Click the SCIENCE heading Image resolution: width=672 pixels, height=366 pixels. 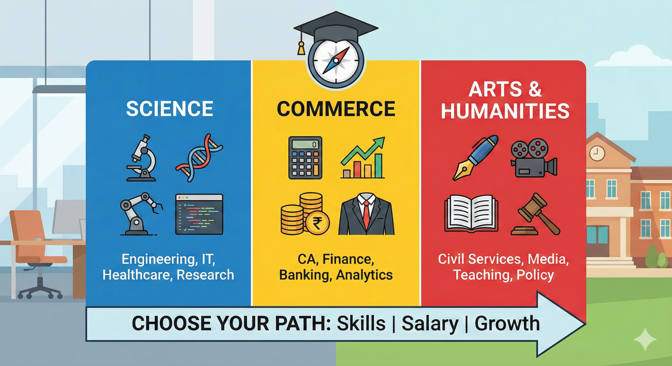pos(169,109)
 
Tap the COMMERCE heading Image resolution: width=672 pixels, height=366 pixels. pos(336,109)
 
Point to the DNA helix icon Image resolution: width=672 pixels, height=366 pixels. pos(199,158)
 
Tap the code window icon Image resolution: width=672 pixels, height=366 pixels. pos(199,214)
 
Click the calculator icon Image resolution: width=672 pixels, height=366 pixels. pos(305,158)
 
